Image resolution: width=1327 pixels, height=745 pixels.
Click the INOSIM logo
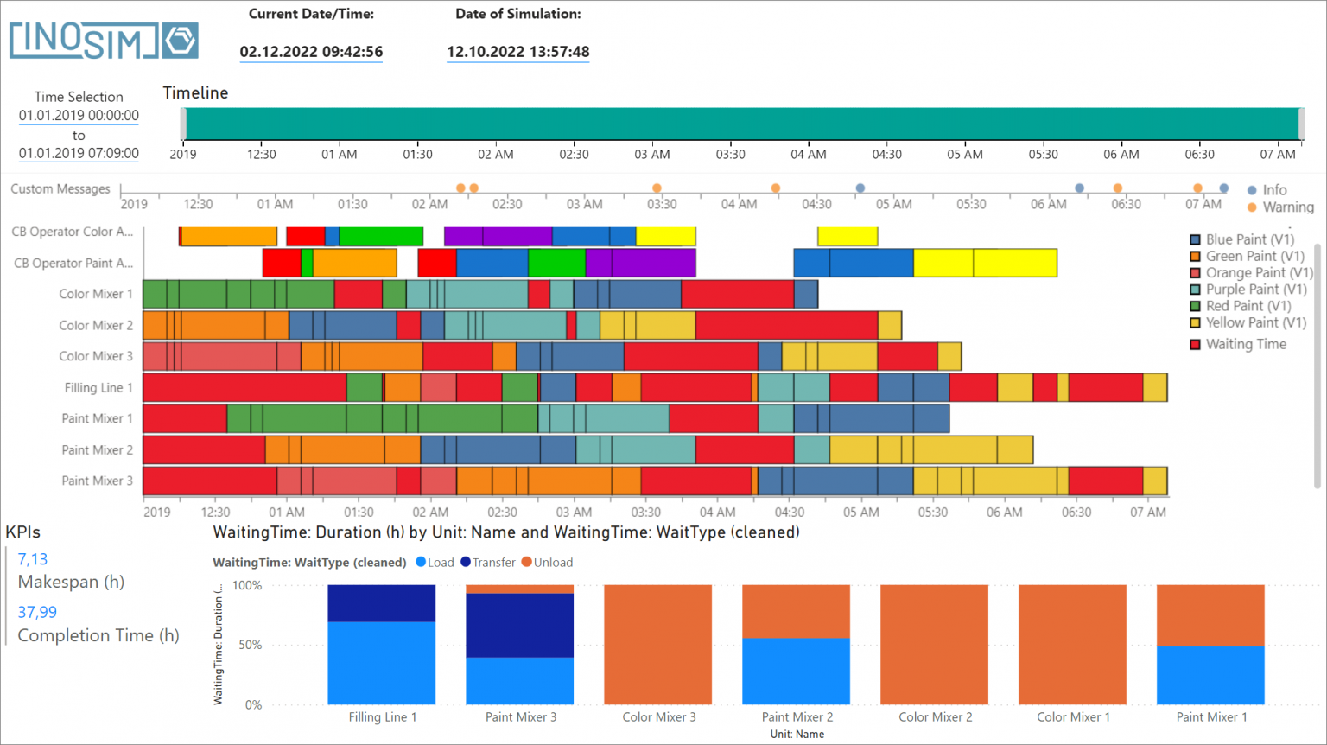(x=104, y=41)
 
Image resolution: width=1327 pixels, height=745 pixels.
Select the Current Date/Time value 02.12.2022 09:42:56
(x=311, y=52)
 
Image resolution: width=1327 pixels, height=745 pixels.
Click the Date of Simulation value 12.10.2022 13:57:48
(x=518, y=52)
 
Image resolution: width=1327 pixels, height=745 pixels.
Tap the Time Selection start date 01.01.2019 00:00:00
(x=79, y=116)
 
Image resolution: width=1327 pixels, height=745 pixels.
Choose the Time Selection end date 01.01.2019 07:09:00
(x=79, y=153)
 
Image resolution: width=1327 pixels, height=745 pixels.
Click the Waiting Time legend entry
(x=1245, y=344)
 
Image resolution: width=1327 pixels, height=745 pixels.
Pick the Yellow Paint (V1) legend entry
(x=1255, y=322)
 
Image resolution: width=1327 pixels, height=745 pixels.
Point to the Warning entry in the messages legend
(x=1286, y=207)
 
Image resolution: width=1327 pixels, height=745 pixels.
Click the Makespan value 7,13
(x=33, y=559)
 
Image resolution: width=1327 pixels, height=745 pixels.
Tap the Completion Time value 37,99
(x=37, y=612)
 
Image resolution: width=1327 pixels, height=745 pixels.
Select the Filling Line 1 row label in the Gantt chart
(x=98, y=388)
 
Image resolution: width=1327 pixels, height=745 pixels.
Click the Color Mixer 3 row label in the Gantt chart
(x=96, y=356)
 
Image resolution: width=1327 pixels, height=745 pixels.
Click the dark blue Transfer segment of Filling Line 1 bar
(x=381, y=603)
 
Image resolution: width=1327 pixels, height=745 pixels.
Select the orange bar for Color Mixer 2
(x=934, y=645)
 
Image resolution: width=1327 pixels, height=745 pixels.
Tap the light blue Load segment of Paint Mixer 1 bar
(x=1210, y=675)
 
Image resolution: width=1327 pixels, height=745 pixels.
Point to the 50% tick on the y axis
(x=249, y=645)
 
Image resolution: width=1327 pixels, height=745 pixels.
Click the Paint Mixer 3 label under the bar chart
(x=520, y=716)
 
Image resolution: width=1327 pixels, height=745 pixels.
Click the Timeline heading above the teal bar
(x=196, y=93)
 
